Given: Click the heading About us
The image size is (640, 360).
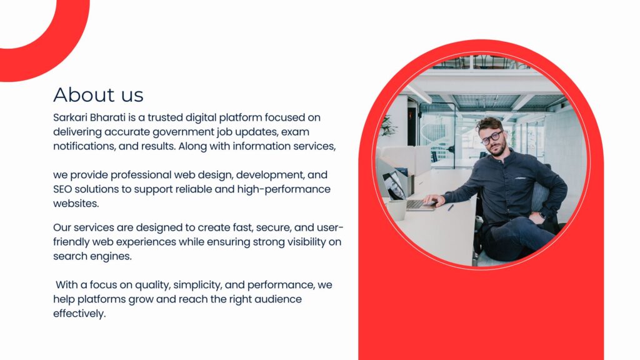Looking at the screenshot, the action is click(x=98, y=95).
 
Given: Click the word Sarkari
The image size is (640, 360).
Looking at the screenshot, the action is click(x=70, y=117).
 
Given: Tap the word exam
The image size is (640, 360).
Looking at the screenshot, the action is click(x=295, y=132).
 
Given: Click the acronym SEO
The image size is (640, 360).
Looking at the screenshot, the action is click(x=62, y=189).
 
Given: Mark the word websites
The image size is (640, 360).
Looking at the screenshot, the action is click(x=76, y=203).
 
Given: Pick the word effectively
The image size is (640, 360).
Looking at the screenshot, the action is click(x=79, y=314).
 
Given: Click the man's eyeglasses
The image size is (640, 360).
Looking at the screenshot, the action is click(x=491, y=137).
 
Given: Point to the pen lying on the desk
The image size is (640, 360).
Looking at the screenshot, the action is click(x=450, y=207).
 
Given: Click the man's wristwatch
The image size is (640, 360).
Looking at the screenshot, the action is click(x=542, y=215).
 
